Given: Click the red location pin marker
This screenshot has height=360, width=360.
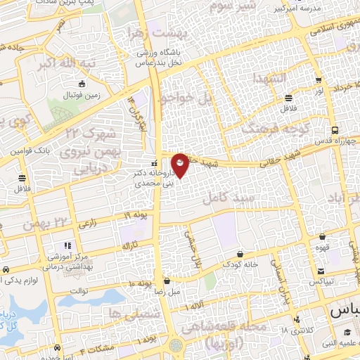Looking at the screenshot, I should tap(181, 165).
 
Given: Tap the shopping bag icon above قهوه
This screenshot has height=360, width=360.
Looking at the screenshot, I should tap(321, 237).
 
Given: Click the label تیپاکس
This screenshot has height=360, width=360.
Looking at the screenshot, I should tap(321, 281).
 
